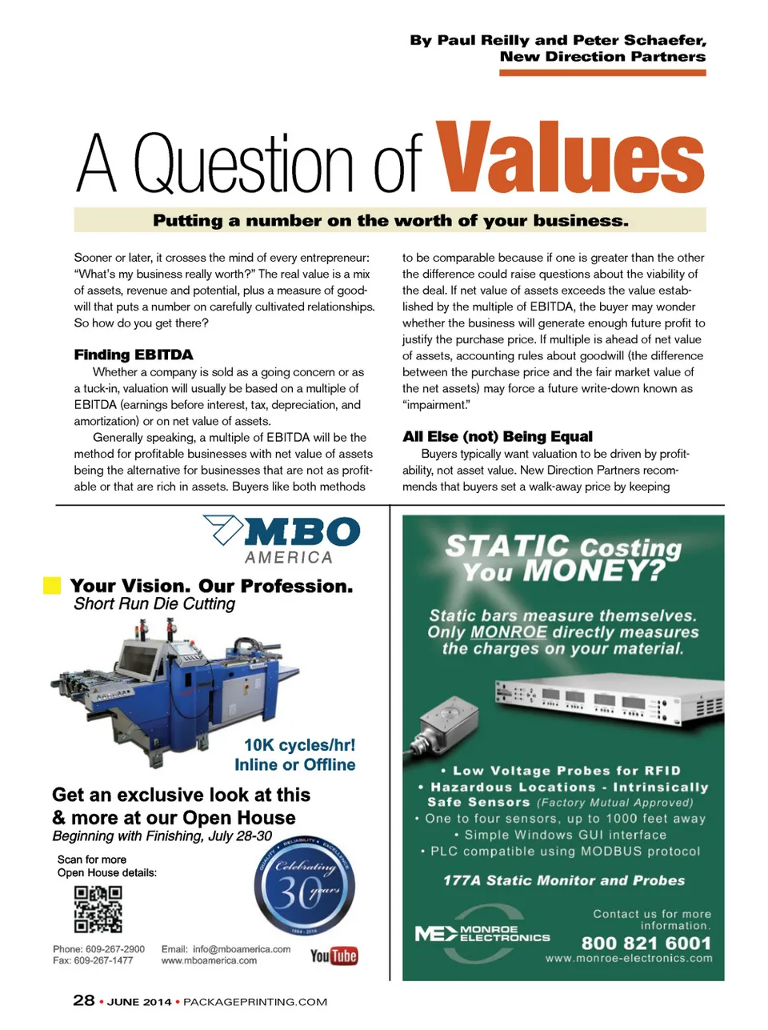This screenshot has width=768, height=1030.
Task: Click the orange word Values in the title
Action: pos(570,158)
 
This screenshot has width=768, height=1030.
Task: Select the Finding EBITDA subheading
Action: pos(134,355)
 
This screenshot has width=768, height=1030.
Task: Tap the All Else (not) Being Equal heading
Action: pos(498,436)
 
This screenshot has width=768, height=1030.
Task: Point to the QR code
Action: pos(98,909)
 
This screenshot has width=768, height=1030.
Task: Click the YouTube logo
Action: pos(334,956)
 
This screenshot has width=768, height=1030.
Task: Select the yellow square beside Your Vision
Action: pos(52,585)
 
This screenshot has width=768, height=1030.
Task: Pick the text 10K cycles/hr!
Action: pos(299,745)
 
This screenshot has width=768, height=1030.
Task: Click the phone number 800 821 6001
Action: pos(646,943)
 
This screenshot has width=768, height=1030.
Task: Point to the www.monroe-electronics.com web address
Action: pos(629,958)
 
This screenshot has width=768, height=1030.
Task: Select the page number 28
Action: pos(84,1000)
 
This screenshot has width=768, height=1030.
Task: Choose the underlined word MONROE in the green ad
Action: pos(509,632)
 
